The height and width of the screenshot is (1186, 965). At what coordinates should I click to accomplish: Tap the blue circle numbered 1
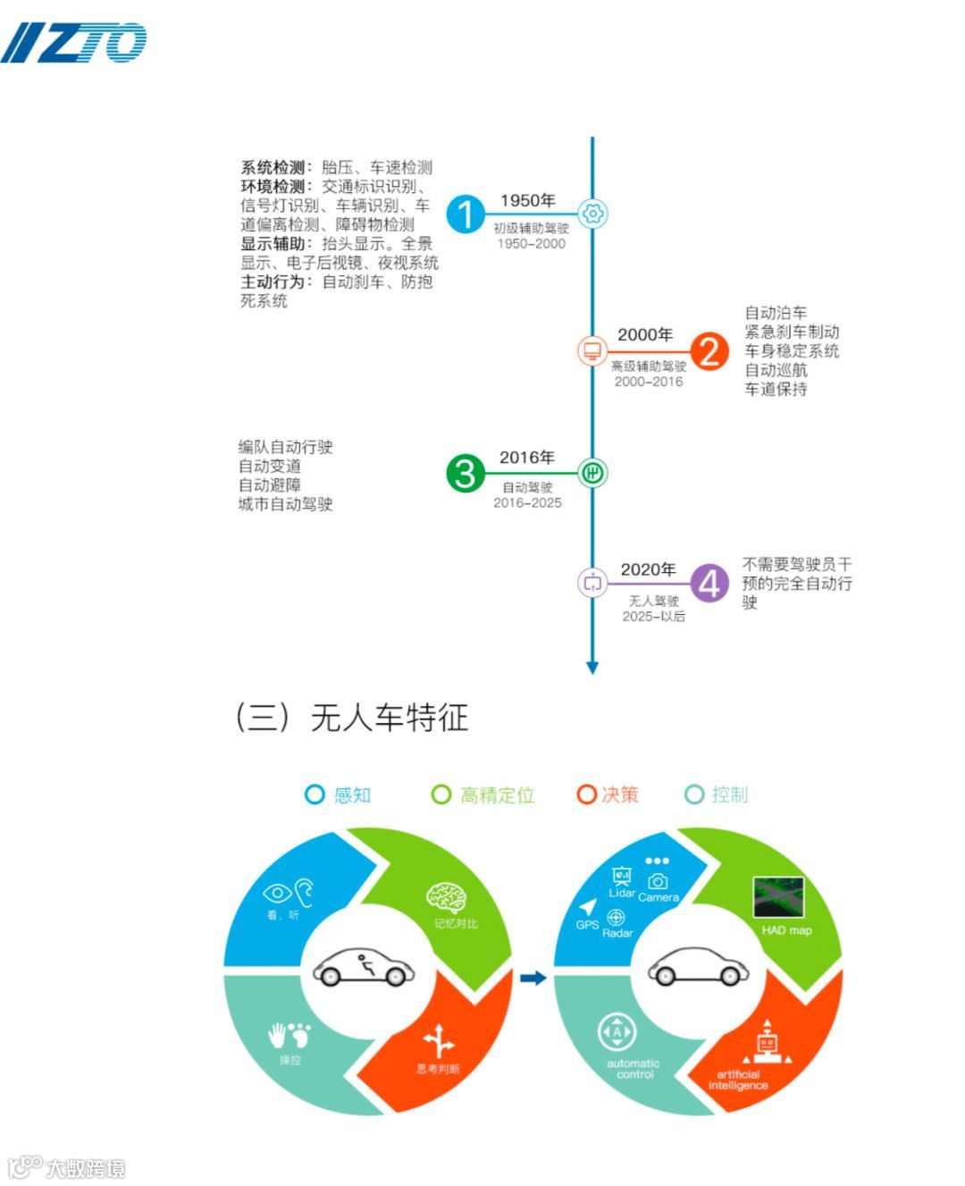pyautogui.click(x=465, y=214)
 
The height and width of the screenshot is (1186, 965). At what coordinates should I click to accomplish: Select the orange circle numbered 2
pyautogui.click(x=709, y=351)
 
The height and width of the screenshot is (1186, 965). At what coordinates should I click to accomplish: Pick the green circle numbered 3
pyautogui.click(x=466, y=473)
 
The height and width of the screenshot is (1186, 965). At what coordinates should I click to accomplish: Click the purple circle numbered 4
pyautogui.click(x=709, y=584)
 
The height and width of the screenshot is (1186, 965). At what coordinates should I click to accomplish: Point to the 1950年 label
pyautogui.click(x=527, y=201)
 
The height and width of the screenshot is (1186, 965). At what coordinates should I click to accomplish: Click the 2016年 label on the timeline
pyautogui.click(x=526, y=458)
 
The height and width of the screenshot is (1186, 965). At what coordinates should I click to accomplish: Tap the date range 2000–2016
pyautogui.click(x=648, y=382)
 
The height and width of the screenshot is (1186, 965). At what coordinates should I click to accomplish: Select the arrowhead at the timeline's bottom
pyautogui.click(x=592, y=667)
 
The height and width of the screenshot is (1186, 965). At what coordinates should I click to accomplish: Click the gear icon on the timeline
pyautogui.click(x=592, y=214)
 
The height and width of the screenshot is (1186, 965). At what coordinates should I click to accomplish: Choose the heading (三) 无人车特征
pyautogui.click(x=351, y=718)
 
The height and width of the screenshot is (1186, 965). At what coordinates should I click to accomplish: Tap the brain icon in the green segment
pyautogui.click(x=446, y=897)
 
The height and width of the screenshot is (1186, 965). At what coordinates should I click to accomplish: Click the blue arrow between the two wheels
pyautogui.click(x=533, y=978)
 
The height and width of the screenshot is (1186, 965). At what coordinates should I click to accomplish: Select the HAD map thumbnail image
pyautogui.click(x=778, y=897)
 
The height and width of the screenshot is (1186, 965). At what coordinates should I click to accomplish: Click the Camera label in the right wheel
pyautogui.click(x=659, y=897)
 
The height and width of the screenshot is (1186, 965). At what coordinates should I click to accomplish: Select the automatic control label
pyautogui.click(x=634, y=1069)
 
